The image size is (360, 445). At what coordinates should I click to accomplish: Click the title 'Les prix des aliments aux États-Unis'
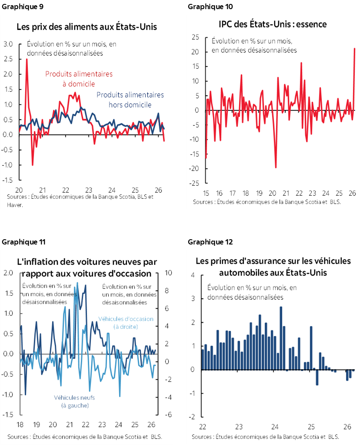click(87, 27)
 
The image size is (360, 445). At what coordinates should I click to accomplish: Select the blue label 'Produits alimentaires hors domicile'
click(130, 99)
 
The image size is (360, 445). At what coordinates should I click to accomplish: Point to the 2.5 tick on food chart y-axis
click(9, 59)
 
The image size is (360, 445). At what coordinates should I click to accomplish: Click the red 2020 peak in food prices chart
click(27, 59)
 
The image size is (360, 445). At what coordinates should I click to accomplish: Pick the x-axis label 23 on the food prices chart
click(88, 190)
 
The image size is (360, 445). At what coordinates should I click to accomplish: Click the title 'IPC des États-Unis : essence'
click(272, 24)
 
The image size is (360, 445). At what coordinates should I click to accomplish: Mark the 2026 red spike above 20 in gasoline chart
click(354, 49)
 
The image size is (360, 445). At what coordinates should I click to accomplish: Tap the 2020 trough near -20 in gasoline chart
click(276, 167)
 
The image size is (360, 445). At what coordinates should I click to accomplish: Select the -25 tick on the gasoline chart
click(194, 183)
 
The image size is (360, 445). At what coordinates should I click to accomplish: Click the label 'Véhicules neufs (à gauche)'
click(74, 401)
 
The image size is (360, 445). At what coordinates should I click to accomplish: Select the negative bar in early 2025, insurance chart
click(317, 377)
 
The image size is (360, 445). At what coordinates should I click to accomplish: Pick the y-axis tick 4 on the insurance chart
click(193, 275)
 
